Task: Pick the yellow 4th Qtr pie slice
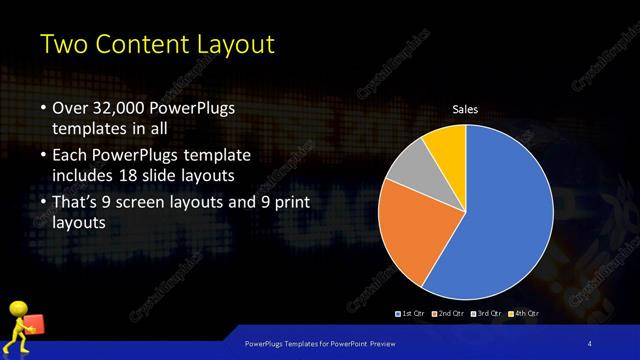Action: point(446,146)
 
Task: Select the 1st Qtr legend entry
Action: point(411,314)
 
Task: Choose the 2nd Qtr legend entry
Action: point(448,314)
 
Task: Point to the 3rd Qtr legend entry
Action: point(486,314)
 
